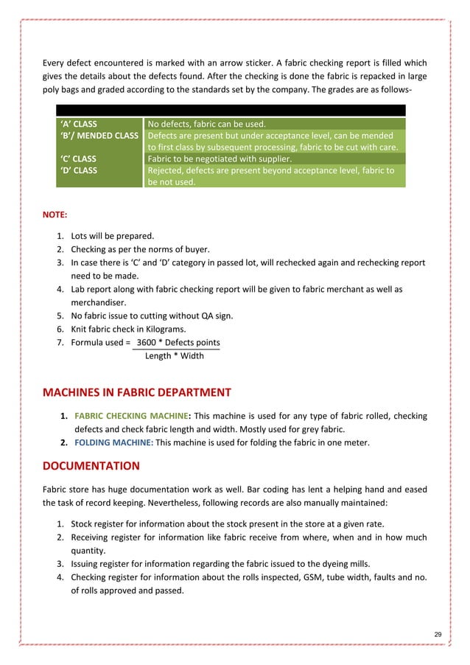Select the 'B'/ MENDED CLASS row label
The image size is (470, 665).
point(98,136)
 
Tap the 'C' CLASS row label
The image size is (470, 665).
point(77,159)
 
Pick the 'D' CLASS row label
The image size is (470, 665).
point(77,170)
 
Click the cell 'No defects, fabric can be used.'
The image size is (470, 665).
point(207,123)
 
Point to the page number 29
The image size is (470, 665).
point(438,635)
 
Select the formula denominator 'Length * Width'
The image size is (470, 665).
point(173,356)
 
